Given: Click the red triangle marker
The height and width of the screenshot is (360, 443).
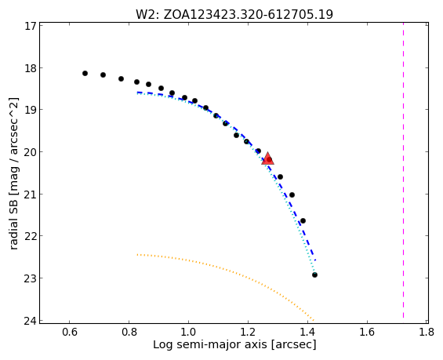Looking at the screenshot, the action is [267, 158].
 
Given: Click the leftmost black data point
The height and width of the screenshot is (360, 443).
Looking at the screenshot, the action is [85, 73].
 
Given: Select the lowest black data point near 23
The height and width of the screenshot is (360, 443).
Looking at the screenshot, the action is [314, 275].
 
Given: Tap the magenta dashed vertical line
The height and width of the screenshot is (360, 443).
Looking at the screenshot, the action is [403, 170].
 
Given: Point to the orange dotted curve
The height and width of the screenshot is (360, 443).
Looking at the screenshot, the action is [226, 267].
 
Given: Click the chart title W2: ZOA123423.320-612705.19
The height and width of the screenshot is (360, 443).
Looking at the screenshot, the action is [234, 14].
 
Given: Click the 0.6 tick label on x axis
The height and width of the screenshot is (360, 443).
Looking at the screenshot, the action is [70, 332].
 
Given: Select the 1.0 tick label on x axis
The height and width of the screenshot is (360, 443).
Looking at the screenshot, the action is [188, 332].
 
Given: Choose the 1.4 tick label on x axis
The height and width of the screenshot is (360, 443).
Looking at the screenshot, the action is [307, 332].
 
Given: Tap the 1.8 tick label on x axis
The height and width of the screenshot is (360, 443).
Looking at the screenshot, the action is [427, 332].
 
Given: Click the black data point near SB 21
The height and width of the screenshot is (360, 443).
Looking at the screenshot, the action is [292, 195].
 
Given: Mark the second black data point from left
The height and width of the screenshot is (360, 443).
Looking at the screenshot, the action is [103, 75].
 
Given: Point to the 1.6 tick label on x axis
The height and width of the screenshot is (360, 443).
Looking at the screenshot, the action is [367, 332].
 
